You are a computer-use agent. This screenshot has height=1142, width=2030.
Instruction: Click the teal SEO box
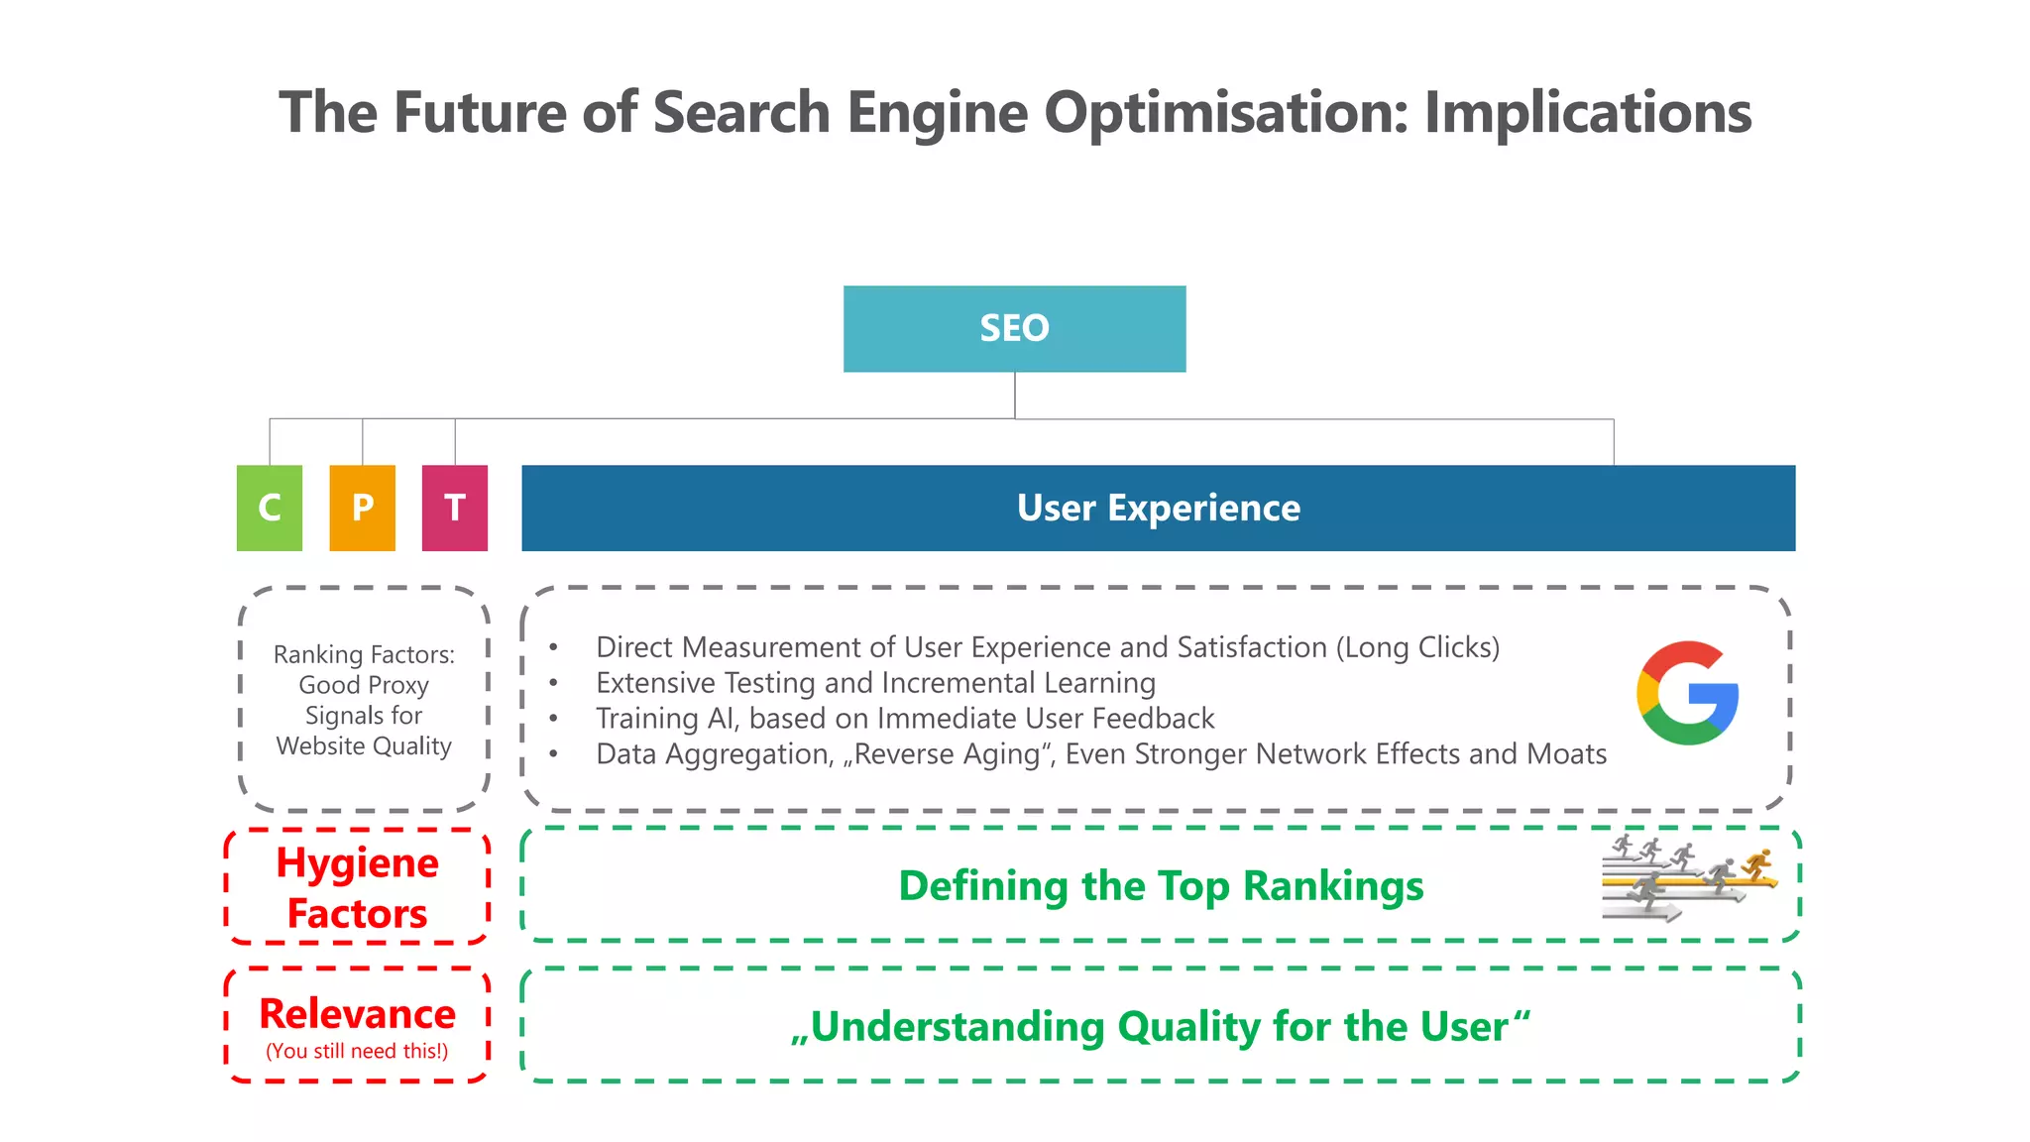point(1014,328)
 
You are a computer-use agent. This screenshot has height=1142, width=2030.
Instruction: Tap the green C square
point(269,508)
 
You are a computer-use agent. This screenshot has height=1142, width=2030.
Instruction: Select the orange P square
point(362,508)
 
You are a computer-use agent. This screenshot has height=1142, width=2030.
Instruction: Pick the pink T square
point(455,508)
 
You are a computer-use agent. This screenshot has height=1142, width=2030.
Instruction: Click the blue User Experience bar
point(1158,508)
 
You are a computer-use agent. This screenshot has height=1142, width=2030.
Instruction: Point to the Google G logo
point(1687,693)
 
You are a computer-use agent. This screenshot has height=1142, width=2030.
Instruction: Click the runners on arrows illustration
point(1688,876)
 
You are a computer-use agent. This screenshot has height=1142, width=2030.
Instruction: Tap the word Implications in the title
point(1587,112)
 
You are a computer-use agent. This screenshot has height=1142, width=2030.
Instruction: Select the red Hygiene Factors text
point(357,888)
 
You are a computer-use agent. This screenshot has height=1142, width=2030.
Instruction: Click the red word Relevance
point(357,1014)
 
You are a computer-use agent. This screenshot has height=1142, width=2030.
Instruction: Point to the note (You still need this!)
point(357,1051)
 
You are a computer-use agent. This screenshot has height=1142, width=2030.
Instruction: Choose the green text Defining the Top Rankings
point(1161,886)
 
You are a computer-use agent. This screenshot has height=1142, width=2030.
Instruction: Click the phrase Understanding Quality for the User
point(1160,1027)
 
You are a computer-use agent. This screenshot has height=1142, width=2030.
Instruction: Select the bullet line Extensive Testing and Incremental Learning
point(875,683)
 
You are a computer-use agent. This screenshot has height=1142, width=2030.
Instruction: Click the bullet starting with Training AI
point(904,719)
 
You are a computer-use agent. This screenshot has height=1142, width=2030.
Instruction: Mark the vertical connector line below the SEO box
point(1015,395)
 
